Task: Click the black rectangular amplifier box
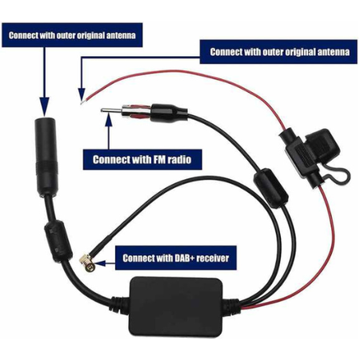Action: click(175, 306)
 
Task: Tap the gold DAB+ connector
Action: click(87, 262)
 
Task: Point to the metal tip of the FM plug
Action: click(110, 110)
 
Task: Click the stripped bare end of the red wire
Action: click(82, 102)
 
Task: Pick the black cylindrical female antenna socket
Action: click(46, 157)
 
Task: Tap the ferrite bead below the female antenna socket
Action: click(58, 241)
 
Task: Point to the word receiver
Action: click(214, 258)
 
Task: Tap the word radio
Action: click(181, 159)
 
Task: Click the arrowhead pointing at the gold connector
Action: click(100, 263)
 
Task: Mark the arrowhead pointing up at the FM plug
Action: click(109, 119)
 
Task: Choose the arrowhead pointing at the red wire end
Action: click(82, 94)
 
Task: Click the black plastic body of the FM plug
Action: click(168, 114)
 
